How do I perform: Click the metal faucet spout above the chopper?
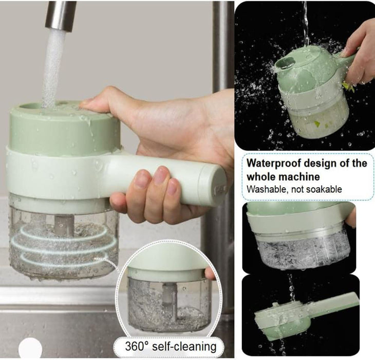pyautogui.click(x=60, y=15)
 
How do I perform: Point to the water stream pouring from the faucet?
pyautogui.click(x=51, y=67)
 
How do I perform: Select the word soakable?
pyautogui.click(x=322, y=189)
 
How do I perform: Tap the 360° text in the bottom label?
pyautogui.click(x=138, y=346)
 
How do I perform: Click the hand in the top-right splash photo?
pyautogui.click(x=360, y=51)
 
